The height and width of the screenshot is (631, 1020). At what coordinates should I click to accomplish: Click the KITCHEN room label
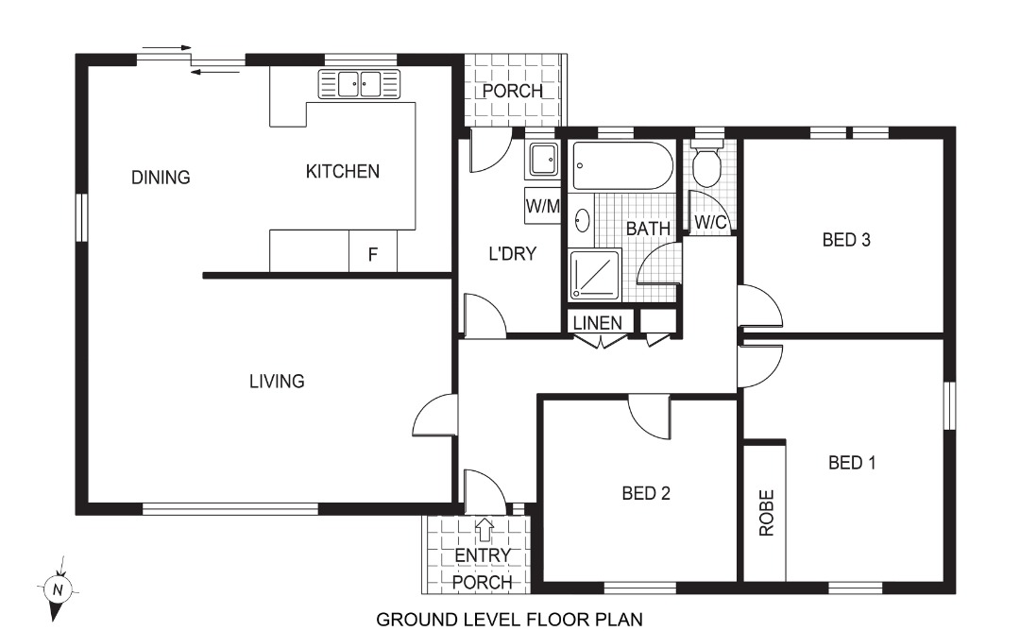tap(342, 172)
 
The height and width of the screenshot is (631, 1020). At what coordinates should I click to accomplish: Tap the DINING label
tap(161, 178)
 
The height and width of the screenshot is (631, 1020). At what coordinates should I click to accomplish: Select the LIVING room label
tap(277, 382)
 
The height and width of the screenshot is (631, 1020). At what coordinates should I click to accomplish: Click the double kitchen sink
tap(359, 84)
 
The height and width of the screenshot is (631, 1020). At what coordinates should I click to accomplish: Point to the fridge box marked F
tap(373, 253)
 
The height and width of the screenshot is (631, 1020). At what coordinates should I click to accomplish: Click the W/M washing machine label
tap(542, 206)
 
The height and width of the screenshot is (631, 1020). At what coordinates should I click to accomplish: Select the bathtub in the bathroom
tap(623, 166)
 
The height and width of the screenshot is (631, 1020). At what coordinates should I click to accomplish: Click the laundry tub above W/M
tap(543, 161)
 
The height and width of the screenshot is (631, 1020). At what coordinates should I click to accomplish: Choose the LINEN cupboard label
tap(598, 323)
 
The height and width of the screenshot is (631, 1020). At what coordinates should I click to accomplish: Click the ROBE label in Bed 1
tap(766, 513)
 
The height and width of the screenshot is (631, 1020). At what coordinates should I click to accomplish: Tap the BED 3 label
tap(845, 240)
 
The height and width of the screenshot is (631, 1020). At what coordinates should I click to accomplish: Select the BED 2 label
tap(646, 493)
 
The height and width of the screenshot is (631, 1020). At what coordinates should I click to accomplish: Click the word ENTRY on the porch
tap(482, 555)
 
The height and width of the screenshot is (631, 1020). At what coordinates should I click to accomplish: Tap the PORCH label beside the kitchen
tap(513, 92)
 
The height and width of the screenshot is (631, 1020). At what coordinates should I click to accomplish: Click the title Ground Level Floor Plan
tap(510, 620)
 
